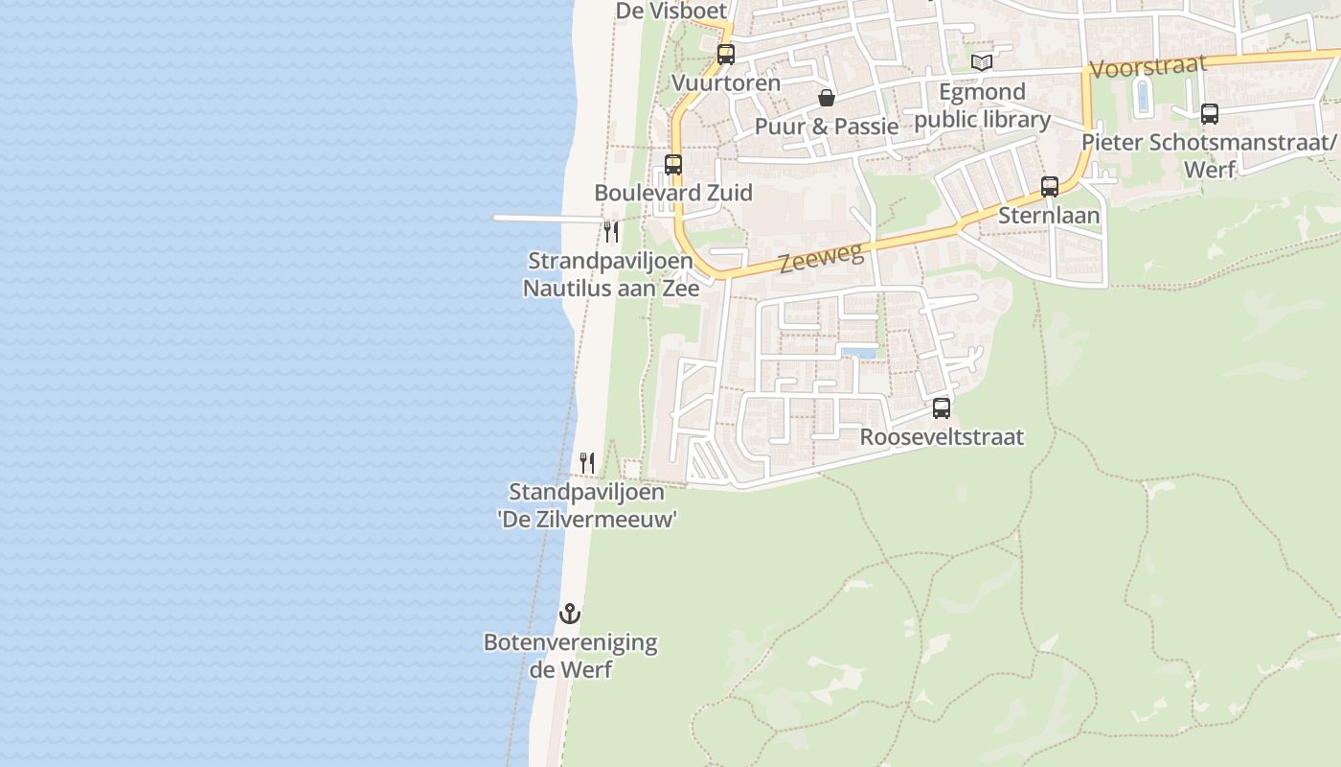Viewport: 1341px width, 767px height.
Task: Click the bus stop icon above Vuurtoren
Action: pos(726,55)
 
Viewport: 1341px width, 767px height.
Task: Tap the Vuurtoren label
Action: pos(726,82)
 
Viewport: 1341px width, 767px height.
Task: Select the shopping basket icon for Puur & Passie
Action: pos(827,98)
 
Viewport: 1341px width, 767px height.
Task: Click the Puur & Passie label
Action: pos(827,126)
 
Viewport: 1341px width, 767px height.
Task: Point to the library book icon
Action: pos(982,63)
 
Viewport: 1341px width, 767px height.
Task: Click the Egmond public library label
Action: pos(982,105)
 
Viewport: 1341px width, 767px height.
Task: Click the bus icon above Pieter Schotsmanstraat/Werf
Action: pos(1210,114)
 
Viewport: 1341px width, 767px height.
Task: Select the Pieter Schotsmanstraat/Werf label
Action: pos(1210,155)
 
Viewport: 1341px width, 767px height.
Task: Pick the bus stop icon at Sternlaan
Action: pos(1050,187)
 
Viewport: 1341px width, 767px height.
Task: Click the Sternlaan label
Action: pos(1050,215)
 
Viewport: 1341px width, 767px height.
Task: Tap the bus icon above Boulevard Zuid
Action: pos(673,165)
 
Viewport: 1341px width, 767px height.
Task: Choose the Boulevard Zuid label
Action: pos(673,193)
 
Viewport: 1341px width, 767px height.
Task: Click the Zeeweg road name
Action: pos(822,257)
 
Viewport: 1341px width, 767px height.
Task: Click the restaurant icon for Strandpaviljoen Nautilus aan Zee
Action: pos(611,232)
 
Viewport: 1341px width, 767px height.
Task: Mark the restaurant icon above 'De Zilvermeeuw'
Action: pos(587,464)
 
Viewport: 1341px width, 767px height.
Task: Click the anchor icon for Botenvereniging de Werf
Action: pos(571,614)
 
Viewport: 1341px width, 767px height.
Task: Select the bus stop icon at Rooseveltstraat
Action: pos(942,408)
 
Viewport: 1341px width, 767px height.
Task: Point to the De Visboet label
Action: pos(671,12)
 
